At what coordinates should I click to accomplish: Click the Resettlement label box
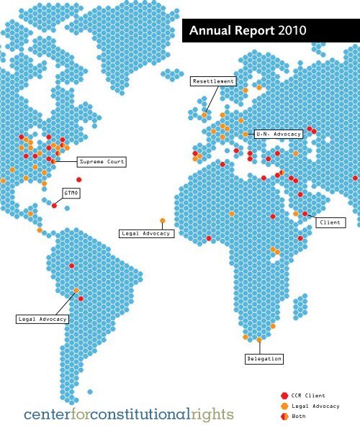213,81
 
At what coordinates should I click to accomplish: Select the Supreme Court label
102,162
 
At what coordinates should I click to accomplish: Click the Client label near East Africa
330,223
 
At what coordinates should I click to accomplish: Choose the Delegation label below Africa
264,358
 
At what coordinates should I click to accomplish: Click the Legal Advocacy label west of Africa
146,234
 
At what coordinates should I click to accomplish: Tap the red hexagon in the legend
284,396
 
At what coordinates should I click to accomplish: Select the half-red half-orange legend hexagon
284,416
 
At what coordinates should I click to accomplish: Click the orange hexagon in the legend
284,406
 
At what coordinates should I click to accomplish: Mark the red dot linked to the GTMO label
55,206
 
